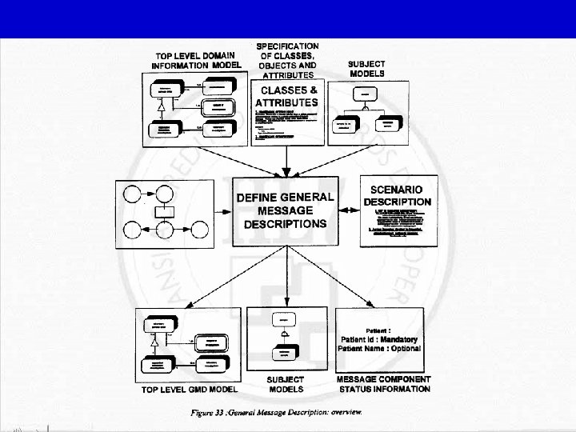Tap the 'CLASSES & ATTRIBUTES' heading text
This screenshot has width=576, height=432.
286,97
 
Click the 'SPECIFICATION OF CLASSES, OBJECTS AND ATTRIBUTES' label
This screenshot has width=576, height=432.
287,61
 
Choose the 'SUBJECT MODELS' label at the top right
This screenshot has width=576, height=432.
366,69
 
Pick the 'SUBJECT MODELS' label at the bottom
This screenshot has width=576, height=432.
286,384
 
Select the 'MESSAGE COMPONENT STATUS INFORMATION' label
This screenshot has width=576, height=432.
383,384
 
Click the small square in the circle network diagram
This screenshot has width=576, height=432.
164,212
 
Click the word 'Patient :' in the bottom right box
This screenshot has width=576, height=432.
378,330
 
